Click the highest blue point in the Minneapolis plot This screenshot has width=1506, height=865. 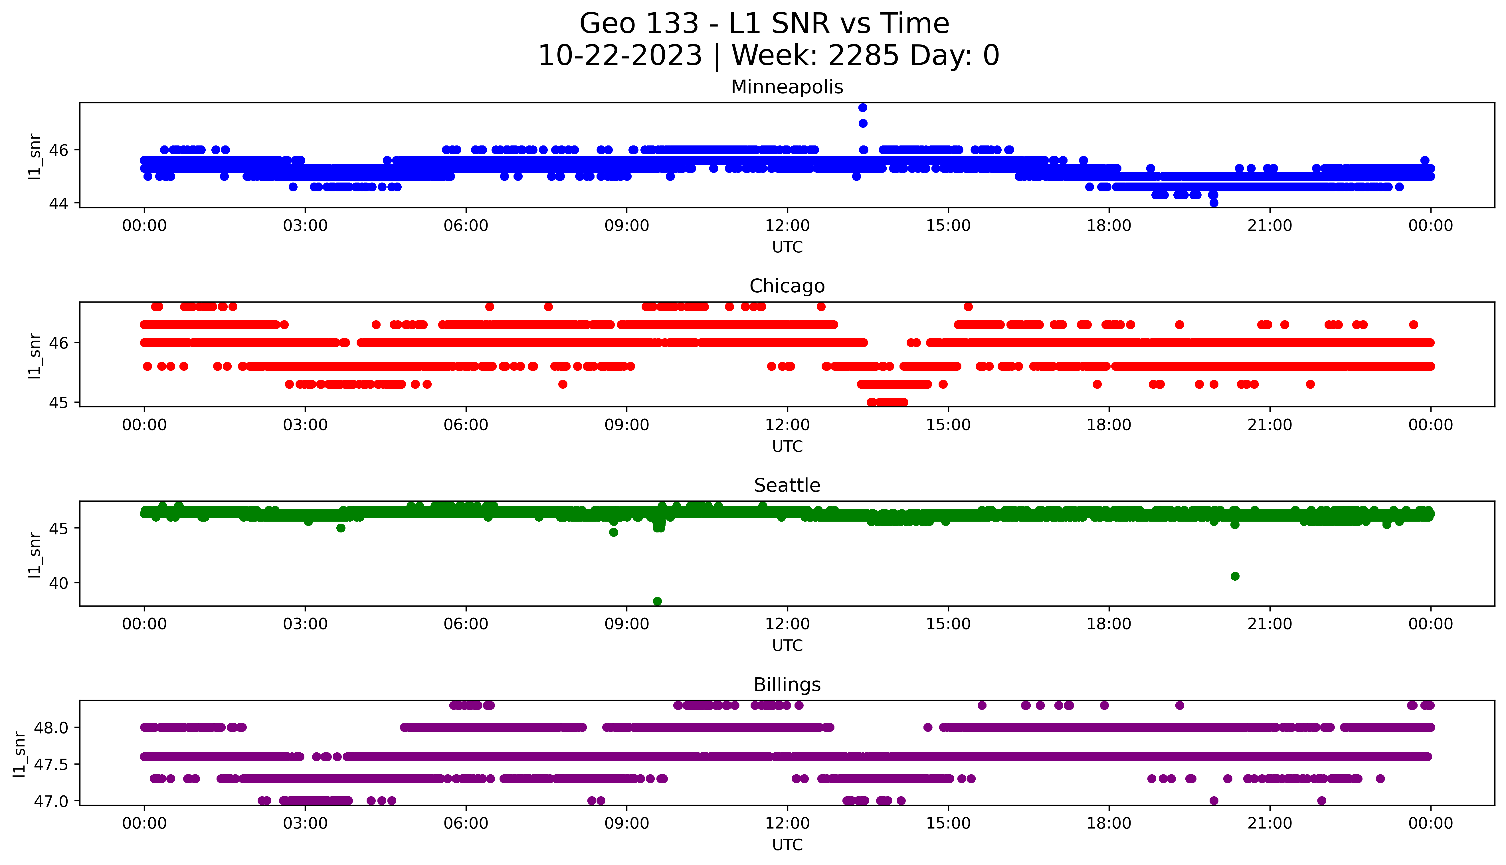click(863, 108)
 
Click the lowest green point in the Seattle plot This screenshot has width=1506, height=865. click(657, 601)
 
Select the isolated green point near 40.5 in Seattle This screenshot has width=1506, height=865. click(1235, 576)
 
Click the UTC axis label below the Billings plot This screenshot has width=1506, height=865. click(787, 844)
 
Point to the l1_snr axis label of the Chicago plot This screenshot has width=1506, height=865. click(35, 355)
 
